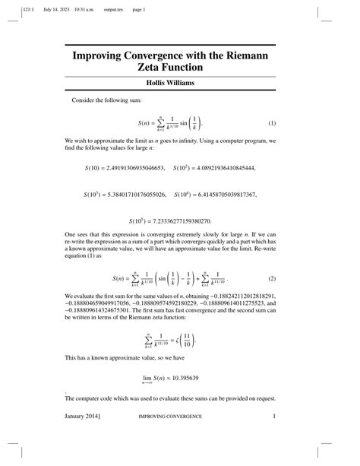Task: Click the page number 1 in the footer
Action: (273, 417)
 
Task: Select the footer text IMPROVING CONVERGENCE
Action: (169, 417)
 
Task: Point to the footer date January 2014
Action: (83, 417)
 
